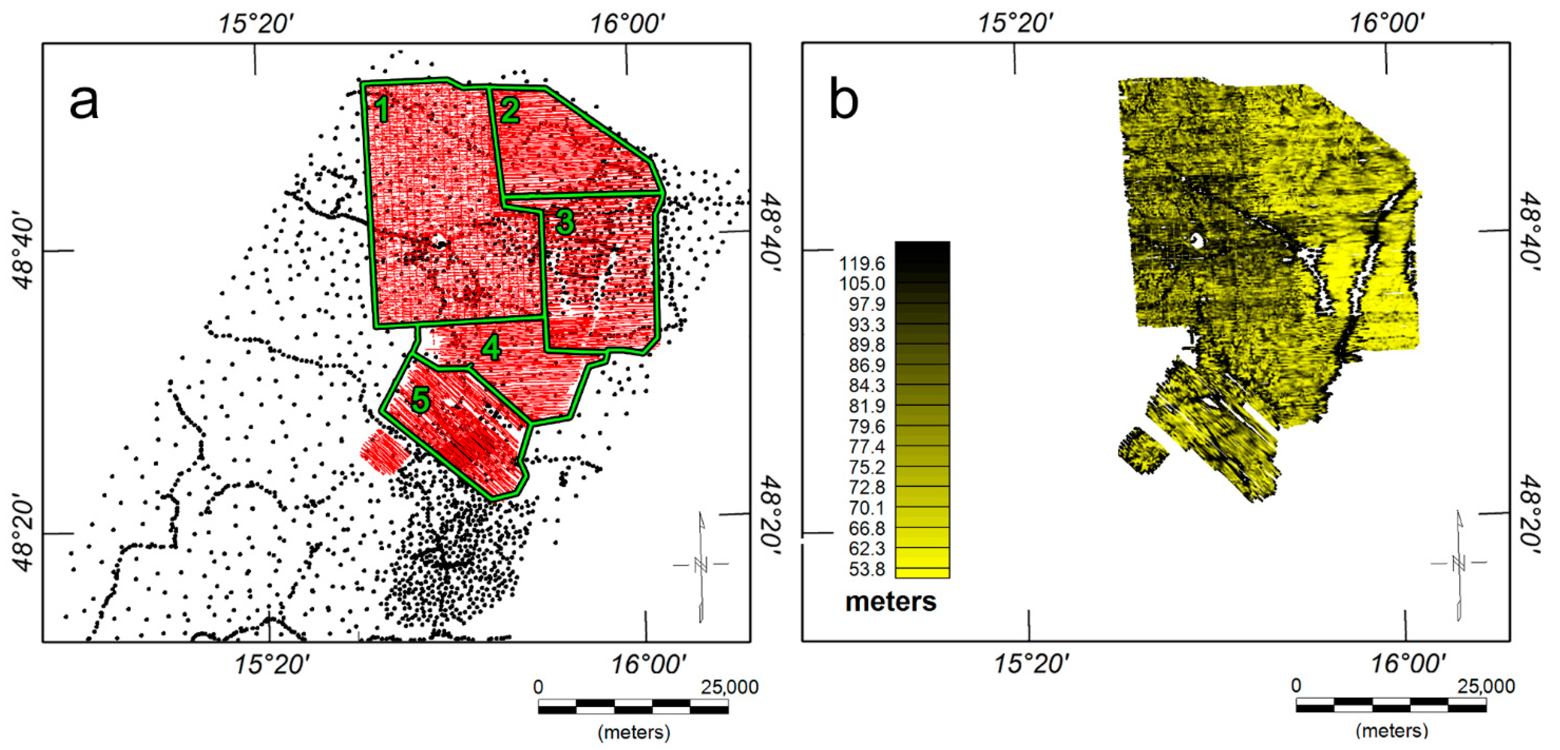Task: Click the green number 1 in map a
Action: (x=381, y=109)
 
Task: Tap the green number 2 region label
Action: (x=510, y=110)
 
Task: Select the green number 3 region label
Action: (x=565, y=222)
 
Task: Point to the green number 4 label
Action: (x=491, y=349)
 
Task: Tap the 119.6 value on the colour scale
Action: (x=862, y=264)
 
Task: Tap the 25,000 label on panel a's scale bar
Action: (x=729, y=687)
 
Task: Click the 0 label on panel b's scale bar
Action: (x=1295, y=686)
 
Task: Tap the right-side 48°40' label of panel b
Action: (x=1531, y=230)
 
